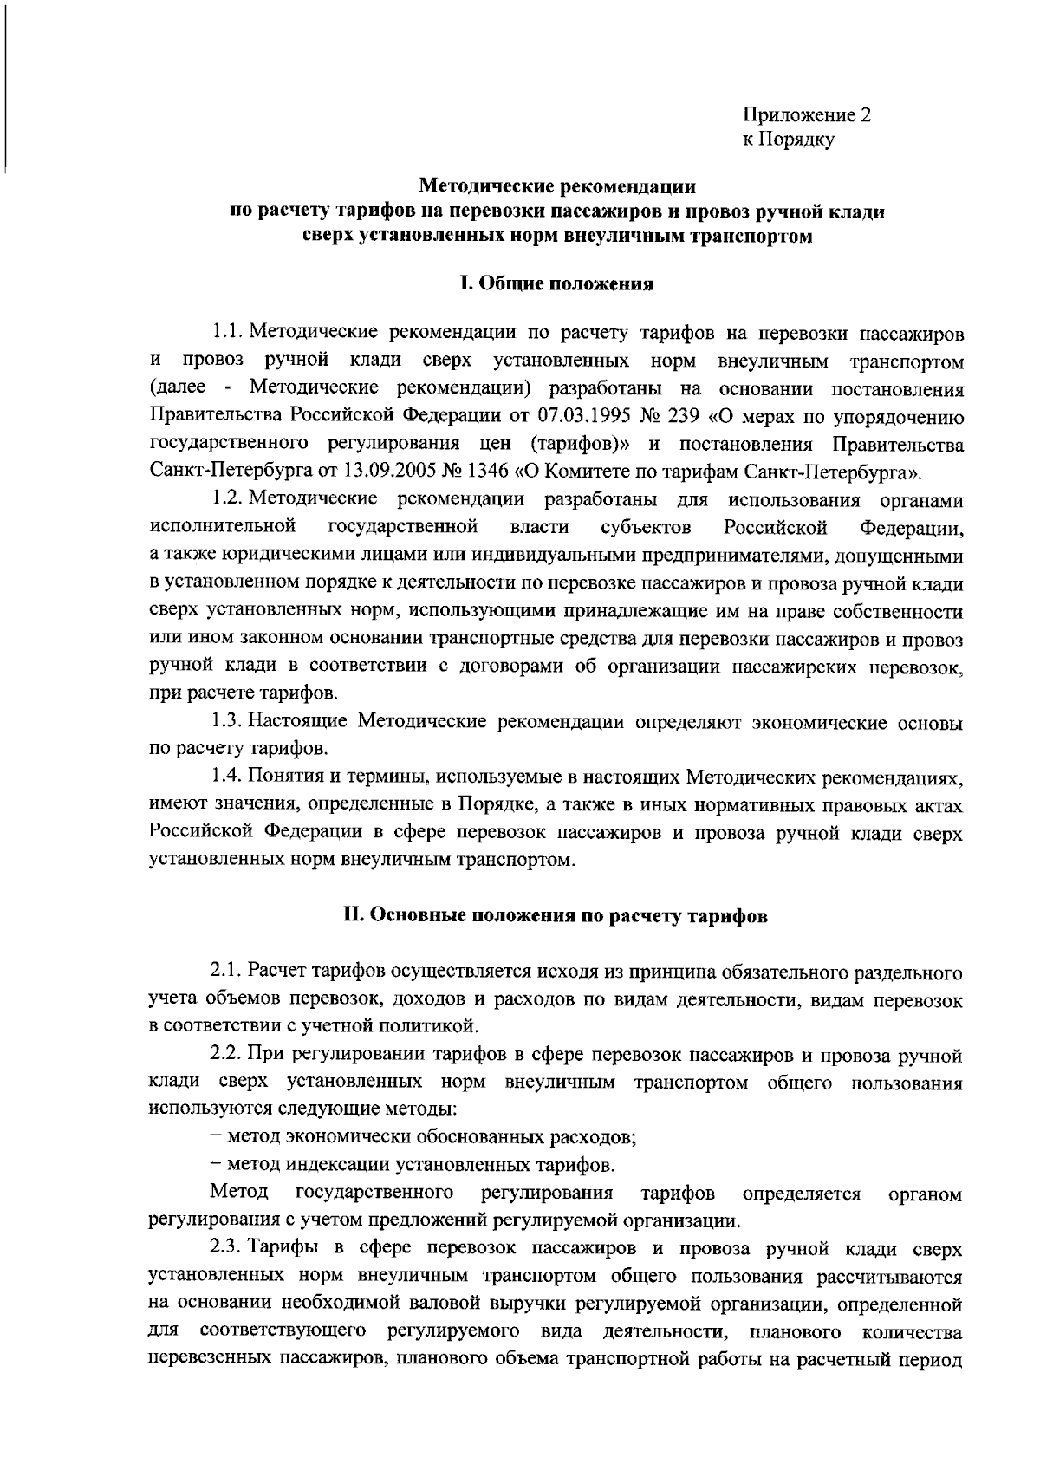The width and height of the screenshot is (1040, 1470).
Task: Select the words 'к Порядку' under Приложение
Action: tap(788, 140)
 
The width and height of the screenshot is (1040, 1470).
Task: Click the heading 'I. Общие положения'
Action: tap(556, 283)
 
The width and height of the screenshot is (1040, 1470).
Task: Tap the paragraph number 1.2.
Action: tap(227, 500)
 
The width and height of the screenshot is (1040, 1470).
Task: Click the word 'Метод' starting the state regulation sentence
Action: tap(238, 1194)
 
